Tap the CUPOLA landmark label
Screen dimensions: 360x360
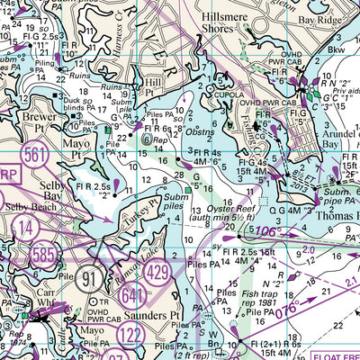click(x=229, y=92)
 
